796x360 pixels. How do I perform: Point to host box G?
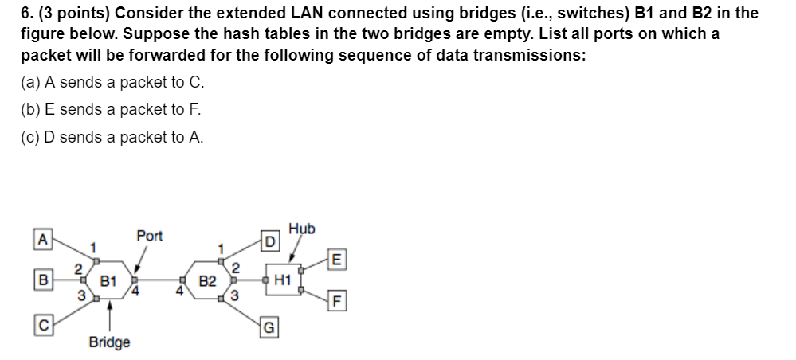(x=270, y=324)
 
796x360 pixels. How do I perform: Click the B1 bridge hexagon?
(x=109, y=280)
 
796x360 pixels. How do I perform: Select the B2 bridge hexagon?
(x=206, y=280)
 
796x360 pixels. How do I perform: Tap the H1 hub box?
(x=282, y=280)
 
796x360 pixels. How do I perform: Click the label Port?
(x=149, y=236)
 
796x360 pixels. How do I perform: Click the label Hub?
(x=302, y=229)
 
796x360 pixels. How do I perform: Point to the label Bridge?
(x=109, y=342)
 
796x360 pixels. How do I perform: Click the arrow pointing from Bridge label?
(x=109, y=315)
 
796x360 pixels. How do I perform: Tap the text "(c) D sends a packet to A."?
(x=112, y=137)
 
